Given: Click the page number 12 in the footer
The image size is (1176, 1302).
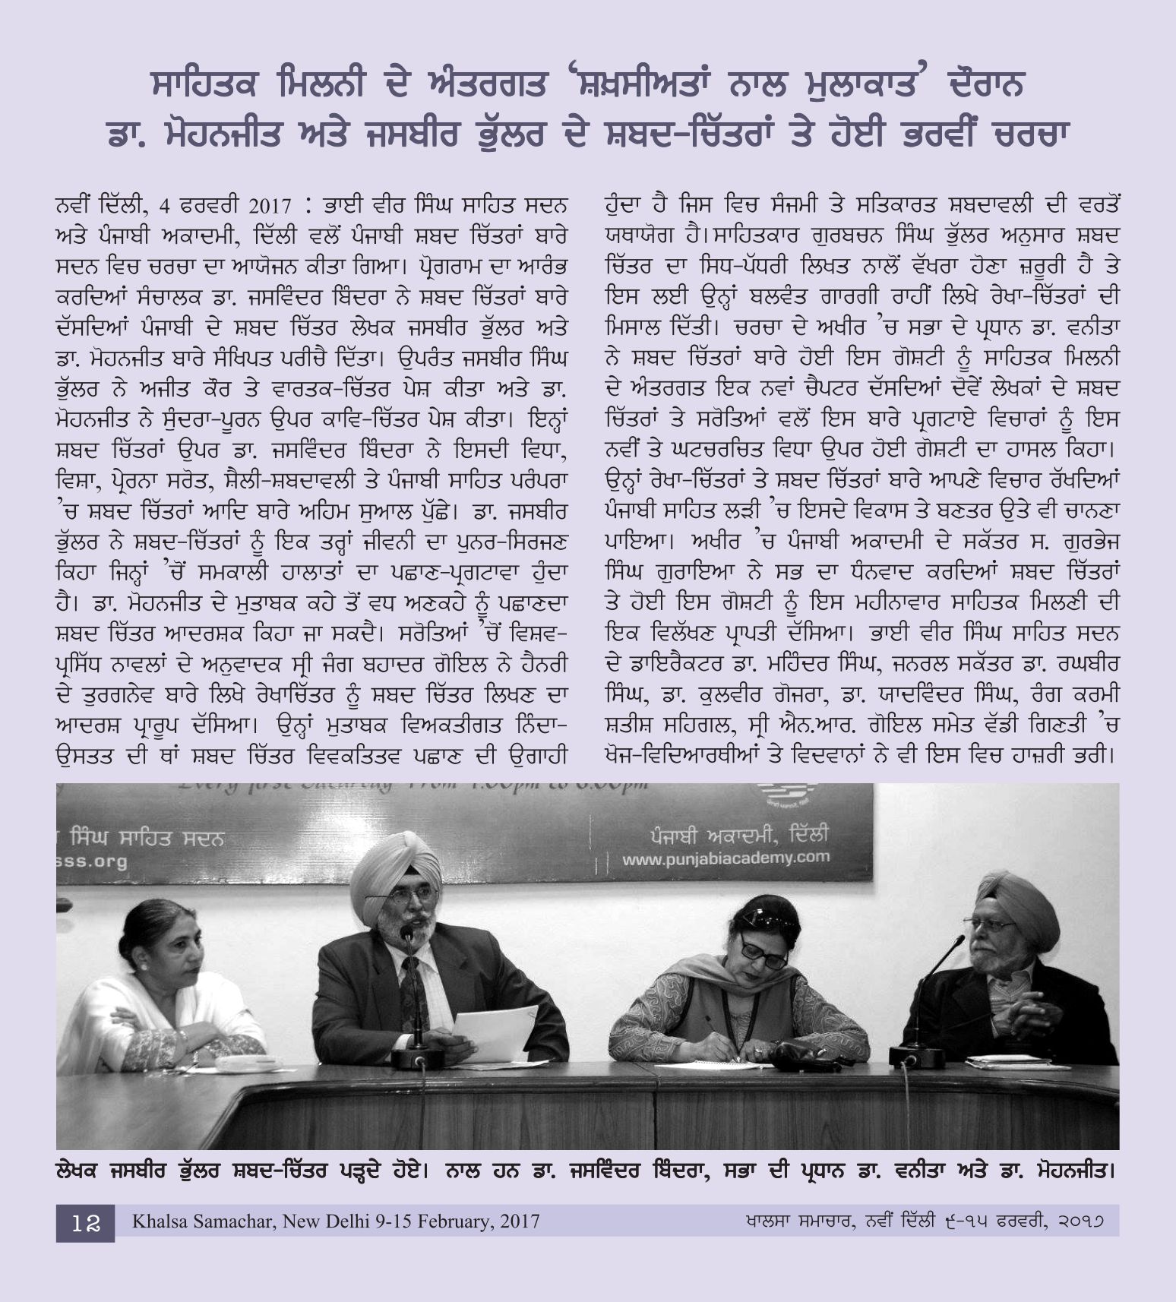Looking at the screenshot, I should pyautogui.click(x=86, y=1222).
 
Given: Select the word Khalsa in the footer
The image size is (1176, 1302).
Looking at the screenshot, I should pyautogui.click(x=156, y=1221).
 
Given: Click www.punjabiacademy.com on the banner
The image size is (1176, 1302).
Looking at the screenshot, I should pyautogui.click(x=726, y=858).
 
